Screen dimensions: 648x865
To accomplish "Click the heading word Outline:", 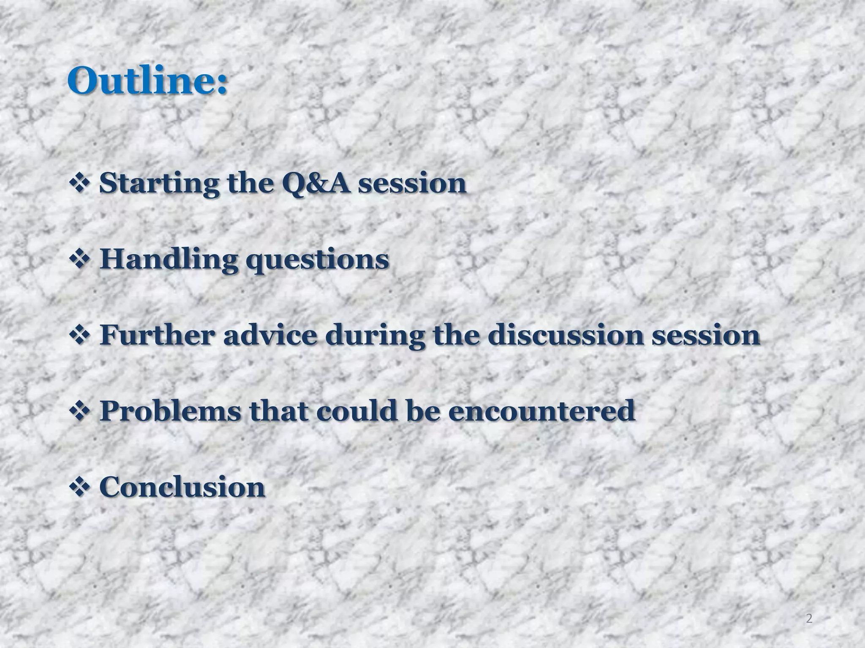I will pos(147,81).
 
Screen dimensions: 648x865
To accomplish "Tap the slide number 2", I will pos(809,618).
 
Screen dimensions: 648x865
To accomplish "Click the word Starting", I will pos(159,184).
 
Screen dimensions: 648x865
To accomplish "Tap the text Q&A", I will pos(316,184).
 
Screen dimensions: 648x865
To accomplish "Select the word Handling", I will pos(169,259).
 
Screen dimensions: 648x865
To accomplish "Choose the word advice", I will pos(270,335).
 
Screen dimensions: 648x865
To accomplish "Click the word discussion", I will pos(566,335).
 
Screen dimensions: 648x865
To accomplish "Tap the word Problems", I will pos(170,411).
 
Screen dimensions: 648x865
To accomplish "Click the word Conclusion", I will pos(182,487).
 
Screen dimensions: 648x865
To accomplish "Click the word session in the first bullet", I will pos(412,184).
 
